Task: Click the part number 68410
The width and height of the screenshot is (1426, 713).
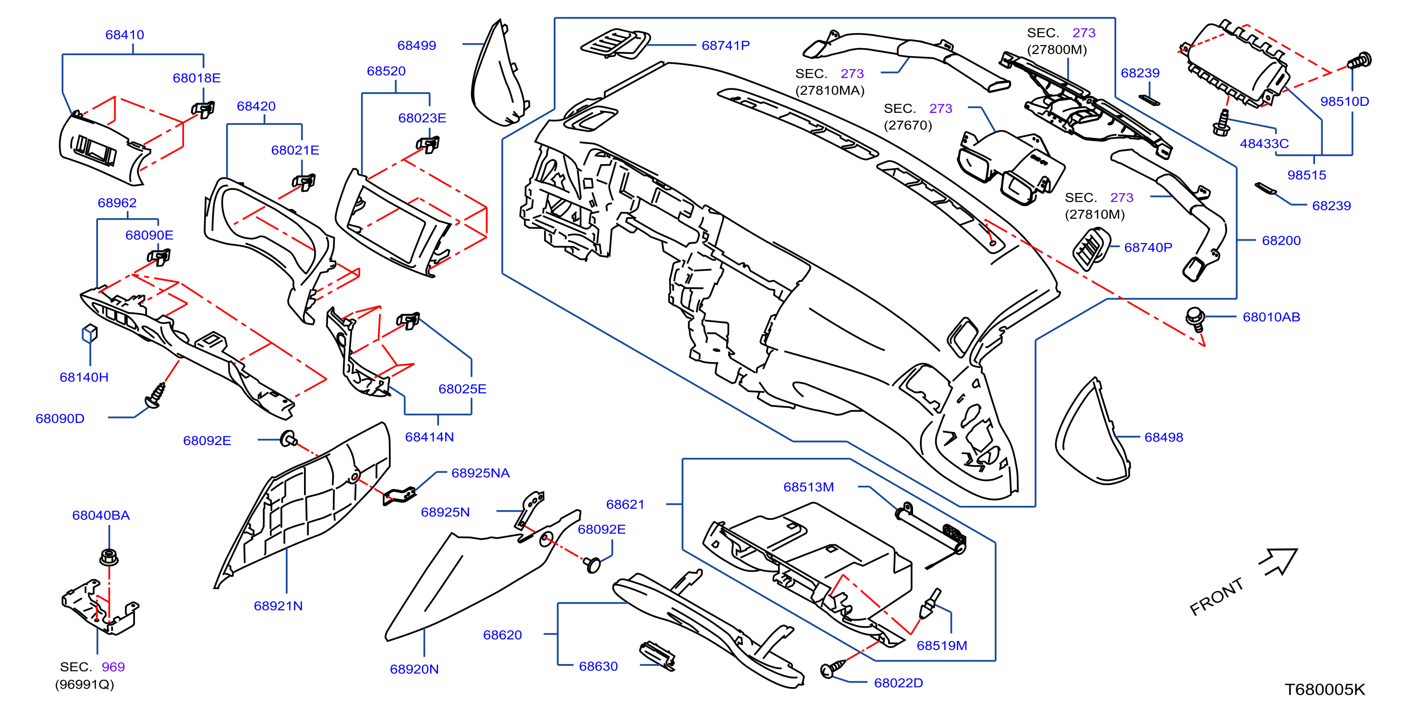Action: pos(124,35)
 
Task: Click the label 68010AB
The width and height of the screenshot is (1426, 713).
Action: pos(1271,317)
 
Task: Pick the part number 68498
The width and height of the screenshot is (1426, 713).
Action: pos(1164,437)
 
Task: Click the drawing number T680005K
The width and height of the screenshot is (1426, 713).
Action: pos(1325,690)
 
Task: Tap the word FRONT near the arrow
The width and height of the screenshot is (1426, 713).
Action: pos(1217,597)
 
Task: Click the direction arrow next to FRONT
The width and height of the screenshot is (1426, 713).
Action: pos(1280,561)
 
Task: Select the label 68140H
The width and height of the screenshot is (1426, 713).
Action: pos(84,378)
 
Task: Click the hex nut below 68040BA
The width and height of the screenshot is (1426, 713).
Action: pos(109,556)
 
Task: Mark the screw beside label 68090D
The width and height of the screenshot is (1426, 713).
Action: pos(156,395)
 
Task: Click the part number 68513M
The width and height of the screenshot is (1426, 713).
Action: pos(808,487)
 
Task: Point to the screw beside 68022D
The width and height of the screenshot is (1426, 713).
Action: pos(832,668)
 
